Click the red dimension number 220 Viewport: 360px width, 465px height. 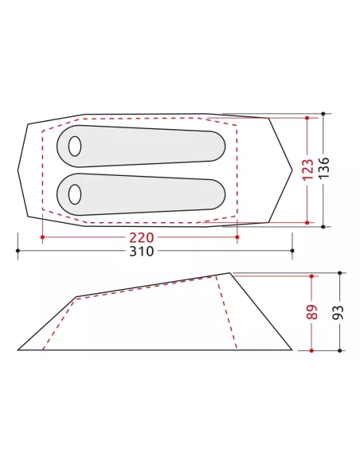tap(142, 237)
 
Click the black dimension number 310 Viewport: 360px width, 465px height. tap(142, 251)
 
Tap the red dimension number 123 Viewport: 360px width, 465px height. tap(307, 170)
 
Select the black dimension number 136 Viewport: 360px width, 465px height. tap(324, 167)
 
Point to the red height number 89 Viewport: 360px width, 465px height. tap(312, 312)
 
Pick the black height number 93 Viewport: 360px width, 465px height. tap(338, 312)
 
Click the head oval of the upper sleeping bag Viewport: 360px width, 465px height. tap(75, 147)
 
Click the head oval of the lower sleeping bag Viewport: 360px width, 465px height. tap(75, 194)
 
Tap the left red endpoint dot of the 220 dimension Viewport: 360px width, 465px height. tap(43, 237)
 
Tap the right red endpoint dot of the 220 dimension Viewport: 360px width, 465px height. tap(237, 237)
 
